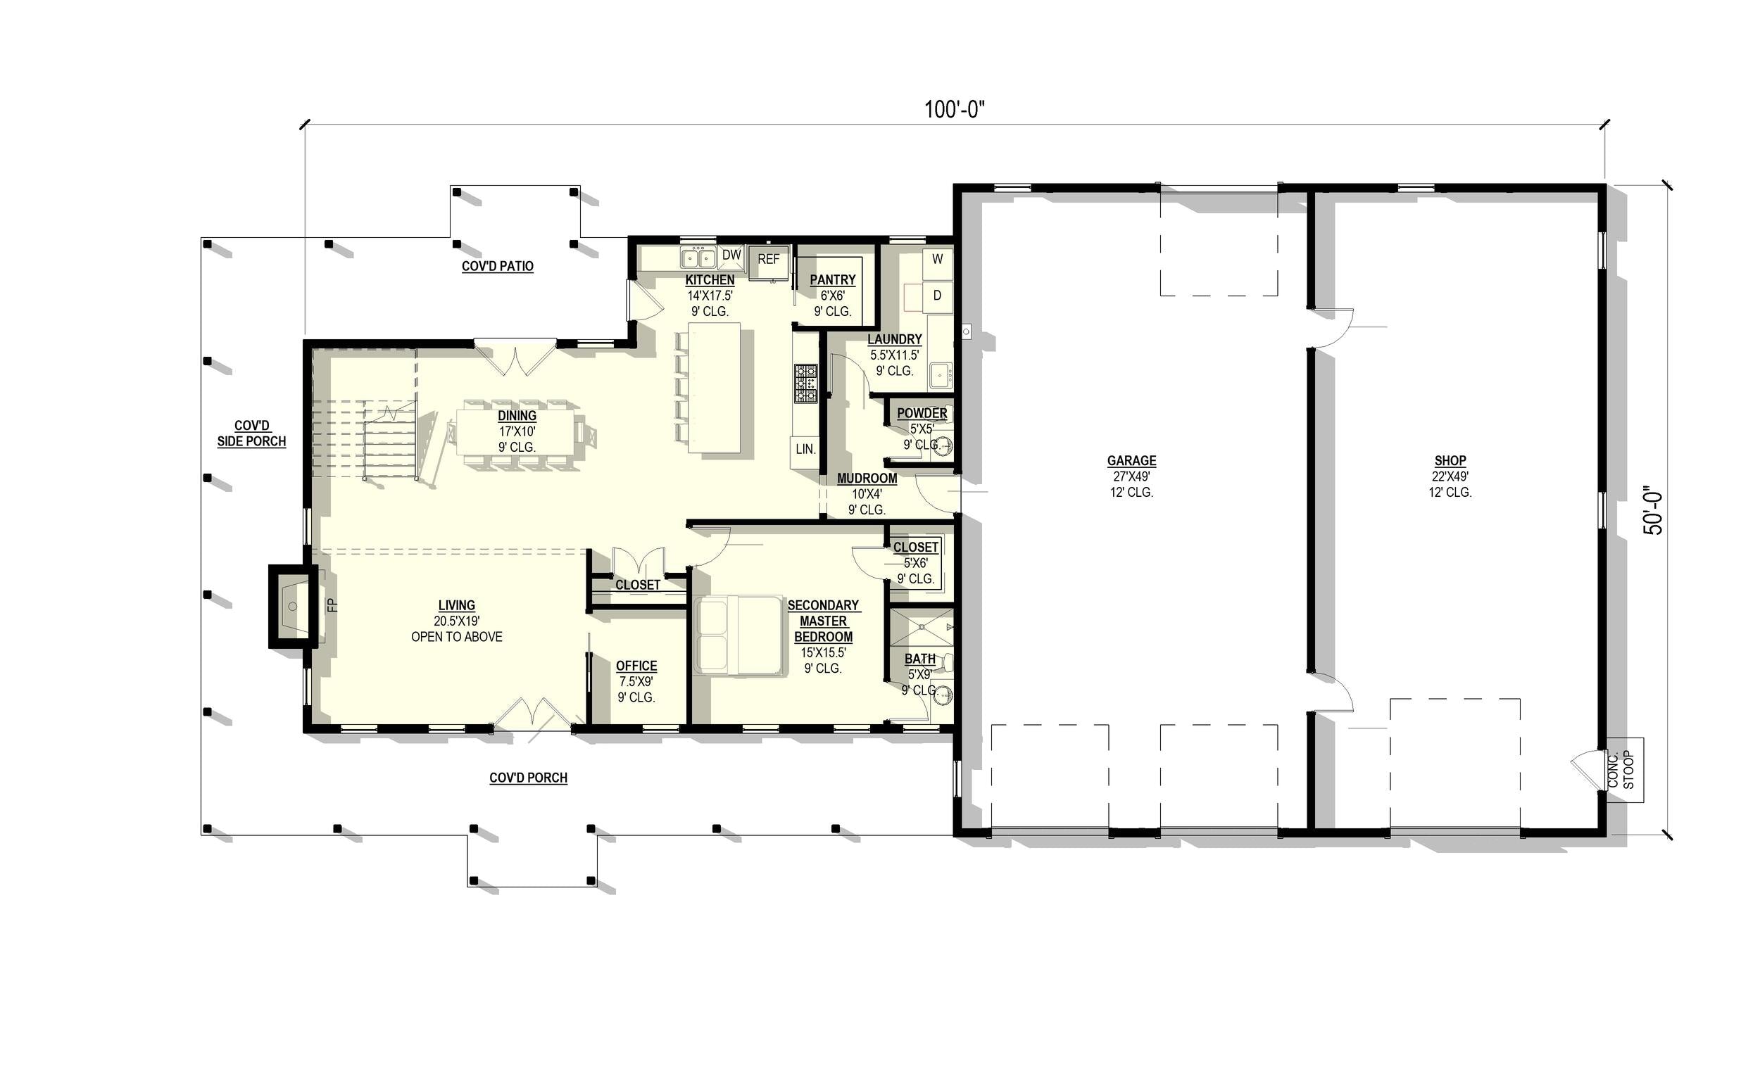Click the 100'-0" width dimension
(955, 109)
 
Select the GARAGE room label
(1131, 461)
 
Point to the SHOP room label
(1450, 461)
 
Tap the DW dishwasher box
(731, 255)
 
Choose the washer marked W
(937, 260)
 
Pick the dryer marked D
(937, 295)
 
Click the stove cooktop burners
(805, 384)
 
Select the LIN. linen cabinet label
(805, 449)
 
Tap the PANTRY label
(832, 280)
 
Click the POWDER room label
(922, 413)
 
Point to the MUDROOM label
(867, 479)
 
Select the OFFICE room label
(636, 666)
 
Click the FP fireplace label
(332, 605)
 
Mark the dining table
(517, 433)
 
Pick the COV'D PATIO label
(497, 266)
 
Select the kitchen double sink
(698, 257)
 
